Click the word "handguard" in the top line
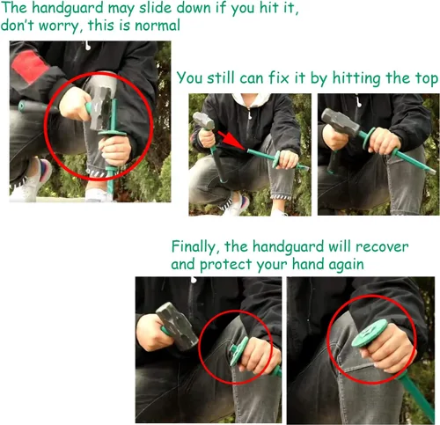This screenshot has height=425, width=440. click(x=67, y=8)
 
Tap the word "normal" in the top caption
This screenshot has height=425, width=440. click(x=158, y=26)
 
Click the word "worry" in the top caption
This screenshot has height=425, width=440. click(x=59, y=26)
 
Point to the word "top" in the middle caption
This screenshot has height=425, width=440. click(x=427, y=78)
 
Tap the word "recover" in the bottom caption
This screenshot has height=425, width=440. click(x=382, y=247)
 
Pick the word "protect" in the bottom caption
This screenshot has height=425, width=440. click(x=225, y=265)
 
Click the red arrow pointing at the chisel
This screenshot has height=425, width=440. click(x=232, y=141)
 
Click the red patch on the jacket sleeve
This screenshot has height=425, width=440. click(x=29, y=67)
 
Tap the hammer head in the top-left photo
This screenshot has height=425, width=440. click(x=100, y=107)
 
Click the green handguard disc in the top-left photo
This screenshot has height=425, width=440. click(x=113, y=134)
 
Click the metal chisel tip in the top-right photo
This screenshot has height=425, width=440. click(x=431, y=170)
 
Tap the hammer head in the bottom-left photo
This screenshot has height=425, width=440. click(x=177, y=326)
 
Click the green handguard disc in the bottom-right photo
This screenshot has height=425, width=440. click(x=370, y=333)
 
